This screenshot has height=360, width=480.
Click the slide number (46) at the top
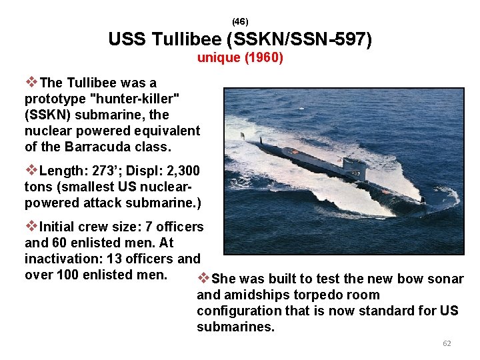point(240,22)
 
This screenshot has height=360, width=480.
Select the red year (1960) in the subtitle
point(265,58)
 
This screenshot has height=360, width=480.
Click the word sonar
point(446,279)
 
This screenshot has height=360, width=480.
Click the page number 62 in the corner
point(447,343)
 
